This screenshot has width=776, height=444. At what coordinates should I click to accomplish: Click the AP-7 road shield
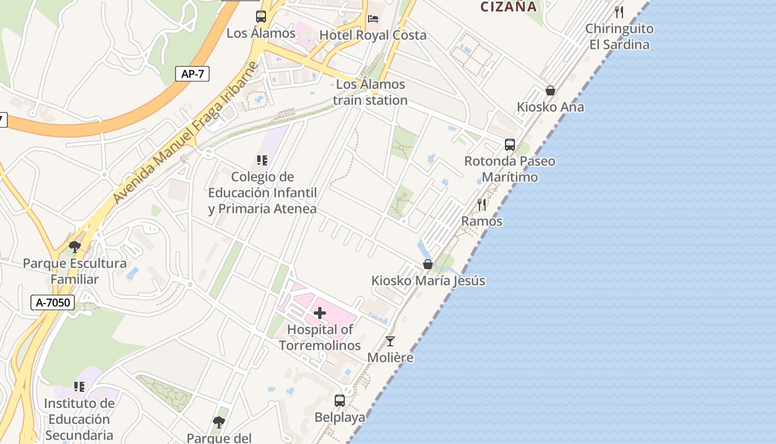click(x=192, y=74)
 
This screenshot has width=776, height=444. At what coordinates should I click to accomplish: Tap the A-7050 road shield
click(x=53, y=302)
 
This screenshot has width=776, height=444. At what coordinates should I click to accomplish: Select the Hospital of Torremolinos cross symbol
click(x=320, y=313)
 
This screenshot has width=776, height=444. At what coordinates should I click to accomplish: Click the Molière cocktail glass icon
click(x=390, y=341)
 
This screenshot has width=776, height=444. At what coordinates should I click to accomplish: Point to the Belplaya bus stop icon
click(x=339, y=400)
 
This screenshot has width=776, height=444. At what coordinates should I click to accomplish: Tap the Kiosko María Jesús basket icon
click(x=428, y=264)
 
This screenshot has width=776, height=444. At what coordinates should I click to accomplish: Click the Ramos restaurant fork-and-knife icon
click(x=482, y=205)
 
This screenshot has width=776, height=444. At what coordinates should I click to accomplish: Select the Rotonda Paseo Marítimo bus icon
click(x=509, y=145)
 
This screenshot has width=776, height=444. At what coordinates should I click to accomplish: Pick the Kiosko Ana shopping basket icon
click(x=550, y=90)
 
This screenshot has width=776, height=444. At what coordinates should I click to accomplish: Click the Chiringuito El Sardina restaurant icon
click(x=619, y=12)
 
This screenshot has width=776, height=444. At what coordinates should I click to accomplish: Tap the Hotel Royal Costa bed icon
click(x=373, y=19)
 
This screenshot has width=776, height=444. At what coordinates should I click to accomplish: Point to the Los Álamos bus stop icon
click(x=261, y=17)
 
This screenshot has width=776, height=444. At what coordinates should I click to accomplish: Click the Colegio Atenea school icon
click(x=262, y=160)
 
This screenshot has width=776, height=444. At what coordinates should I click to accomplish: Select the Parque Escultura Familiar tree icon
click(x=75, y=247)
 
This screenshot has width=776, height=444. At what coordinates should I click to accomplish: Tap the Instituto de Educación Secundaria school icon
click(x=79, y=386)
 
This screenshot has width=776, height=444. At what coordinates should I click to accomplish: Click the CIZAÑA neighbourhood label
click(x=508, y=7)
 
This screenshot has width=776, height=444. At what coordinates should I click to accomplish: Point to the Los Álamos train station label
click(x=370, y=92)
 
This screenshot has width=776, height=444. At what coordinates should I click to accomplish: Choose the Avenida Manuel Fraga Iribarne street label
click(x=185, y=133)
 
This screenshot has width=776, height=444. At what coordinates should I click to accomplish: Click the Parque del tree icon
click(x=219, y=422)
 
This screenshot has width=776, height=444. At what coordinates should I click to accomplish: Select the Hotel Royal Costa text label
click(x=373, y=35)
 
